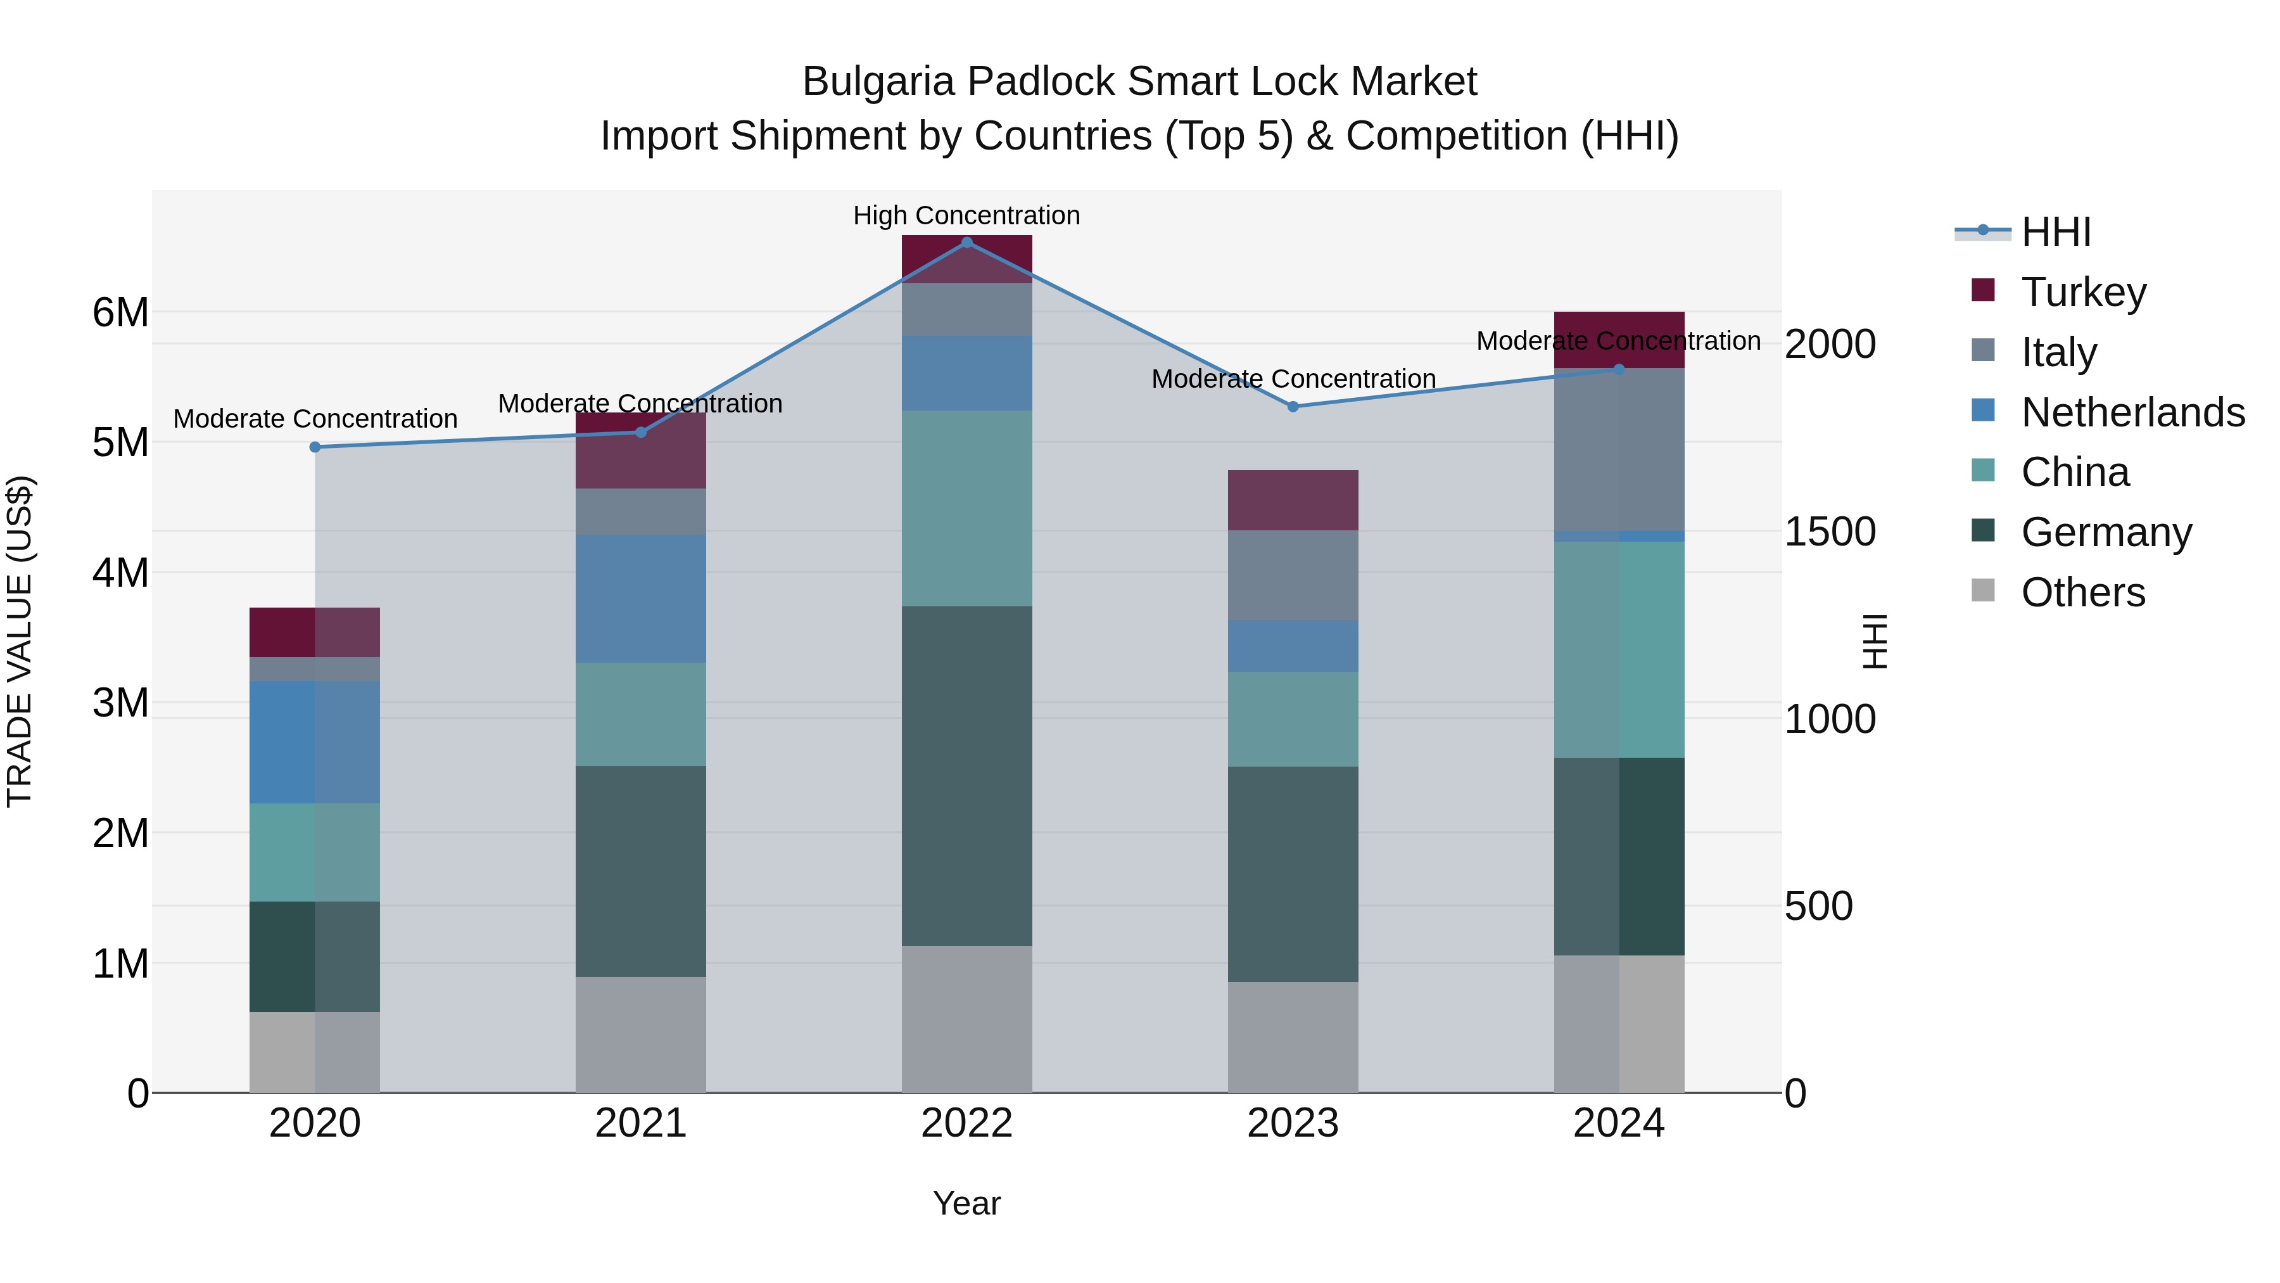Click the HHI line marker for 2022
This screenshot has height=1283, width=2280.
pyautogui.click(x=966, y=242)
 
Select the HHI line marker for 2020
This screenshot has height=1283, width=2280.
pyautogui.click(x=315, y=447)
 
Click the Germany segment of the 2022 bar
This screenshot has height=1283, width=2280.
pyautogui.click(x=966, y=776)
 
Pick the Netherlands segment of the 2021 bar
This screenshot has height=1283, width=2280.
pyautogui.click(x=641, y=599)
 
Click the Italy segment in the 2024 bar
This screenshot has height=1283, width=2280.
pyautogui.click(x=1619, y=449)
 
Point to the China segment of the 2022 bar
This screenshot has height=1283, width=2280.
pyautogui.click(x=966, y=508)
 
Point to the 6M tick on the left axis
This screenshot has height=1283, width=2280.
pyautogui.click(x=120, y=312)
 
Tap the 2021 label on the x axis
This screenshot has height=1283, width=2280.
pyautogui.click(x=641, y=1123)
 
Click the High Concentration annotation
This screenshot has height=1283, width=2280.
pyautogui.click(x=966, y=215)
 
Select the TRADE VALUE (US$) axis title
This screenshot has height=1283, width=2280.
pyautogui.click(x=20, y=641)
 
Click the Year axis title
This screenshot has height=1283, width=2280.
pyautogui.click(x=966, y=1203)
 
